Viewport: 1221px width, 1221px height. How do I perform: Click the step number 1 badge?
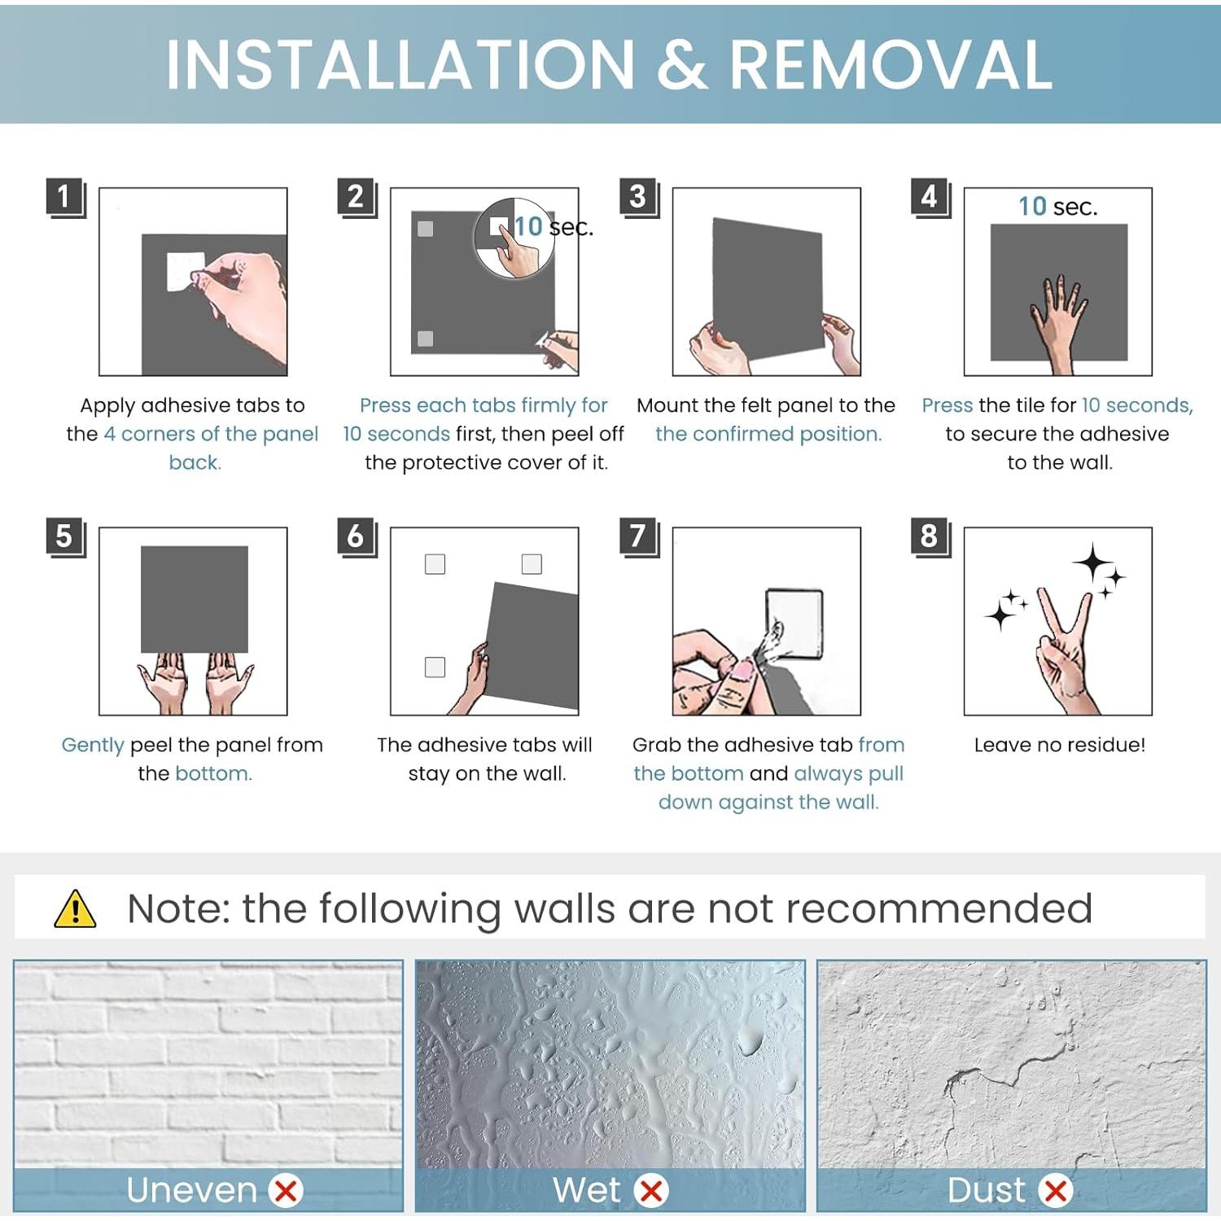[x=65, y=198]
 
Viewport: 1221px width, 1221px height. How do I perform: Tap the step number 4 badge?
[x=930, y=198]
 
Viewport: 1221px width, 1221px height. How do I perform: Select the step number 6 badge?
[x=357, y=537]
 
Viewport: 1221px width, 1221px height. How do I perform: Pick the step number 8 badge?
[x=930, y=537]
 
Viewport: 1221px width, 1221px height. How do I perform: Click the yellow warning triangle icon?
[x=75, y=909]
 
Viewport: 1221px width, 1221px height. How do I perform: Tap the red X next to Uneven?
[x=286, y=1191]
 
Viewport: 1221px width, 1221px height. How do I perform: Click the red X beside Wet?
[x=651, y=1191]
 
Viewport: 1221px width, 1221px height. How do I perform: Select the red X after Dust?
[x=1056, y=1191]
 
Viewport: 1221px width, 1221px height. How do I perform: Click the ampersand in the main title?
[x=682, y=65]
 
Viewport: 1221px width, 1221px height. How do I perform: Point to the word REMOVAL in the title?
[x=891, y=65]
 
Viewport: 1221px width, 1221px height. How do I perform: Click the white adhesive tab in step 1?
[x=185, y=271]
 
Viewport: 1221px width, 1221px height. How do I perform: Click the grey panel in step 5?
[x=195, y=599]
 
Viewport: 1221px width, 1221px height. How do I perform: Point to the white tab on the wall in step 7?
[x=794, y=623]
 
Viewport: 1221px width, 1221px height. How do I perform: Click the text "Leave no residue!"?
[x=1060, y=745]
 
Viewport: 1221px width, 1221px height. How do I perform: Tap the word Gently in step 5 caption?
[x=93, y=746]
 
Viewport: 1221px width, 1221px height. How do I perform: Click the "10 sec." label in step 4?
[x=1058, y=207]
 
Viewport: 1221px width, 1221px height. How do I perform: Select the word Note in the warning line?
[x=179, y=908]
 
